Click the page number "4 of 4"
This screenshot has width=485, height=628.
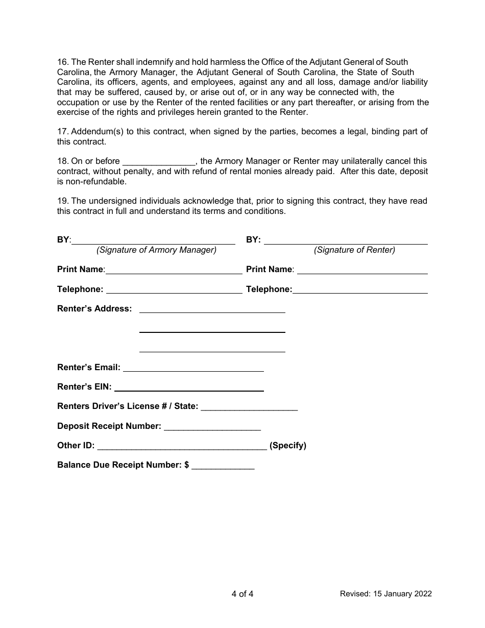click(242, 594)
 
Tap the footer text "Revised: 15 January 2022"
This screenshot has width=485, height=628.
click(386, 594)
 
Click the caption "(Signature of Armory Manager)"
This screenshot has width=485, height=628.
click(156, 250)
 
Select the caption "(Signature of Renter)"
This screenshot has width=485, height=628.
click(354, 250)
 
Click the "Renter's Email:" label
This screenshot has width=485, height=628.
click(89, 367)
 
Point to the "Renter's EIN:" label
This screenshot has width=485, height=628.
click(84, 387)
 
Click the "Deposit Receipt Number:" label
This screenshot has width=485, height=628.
click(109, 426)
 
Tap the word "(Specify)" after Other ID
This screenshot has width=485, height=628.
click(288, 445)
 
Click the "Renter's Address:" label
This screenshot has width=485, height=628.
click(94, 308)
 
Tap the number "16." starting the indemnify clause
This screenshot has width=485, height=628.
click(63, 62)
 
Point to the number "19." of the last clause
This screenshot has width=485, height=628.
click(63, 201)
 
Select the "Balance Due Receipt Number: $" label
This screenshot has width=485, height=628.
click(123, 465)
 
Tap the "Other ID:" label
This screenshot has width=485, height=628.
click(76, 445)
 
